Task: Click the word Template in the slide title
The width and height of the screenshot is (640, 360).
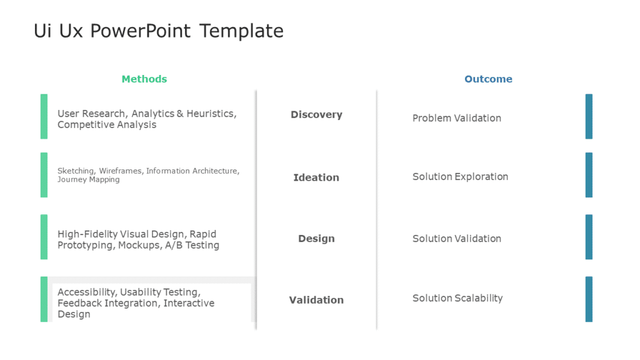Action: pyautogui.click(x=241, y=31)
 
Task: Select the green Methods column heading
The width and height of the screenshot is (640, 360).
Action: pyautogui.click(x=144, y=79)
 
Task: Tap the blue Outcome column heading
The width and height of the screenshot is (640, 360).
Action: pyautogui.click(x=488, y=79)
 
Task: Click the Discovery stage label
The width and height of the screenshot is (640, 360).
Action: pyautogui.click(x=316, y=115)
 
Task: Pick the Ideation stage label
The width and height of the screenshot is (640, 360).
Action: pyautogui.click(x=316, y=177)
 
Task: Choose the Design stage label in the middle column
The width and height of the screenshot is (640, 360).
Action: pyautogui.click(x=316, y=239)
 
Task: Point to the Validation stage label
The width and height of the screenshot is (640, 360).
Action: pyautogui.click(x=316, y=300)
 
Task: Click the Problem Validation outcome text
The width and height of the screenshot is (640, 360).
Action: pyautogui.click(x=457, y=118)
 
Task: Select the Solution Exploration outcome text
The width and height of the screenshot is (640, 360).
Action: pyautogui.click(x=460, y=177)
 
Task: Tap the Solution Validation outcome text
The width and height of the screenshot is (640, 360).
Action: pyautogui.click(x=457, y=238)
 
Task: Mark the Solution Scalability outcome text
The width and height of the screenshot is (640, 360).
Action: pyautogui.click(x=457, y=298)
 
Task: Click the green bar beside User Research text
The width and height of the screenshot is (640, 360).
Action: pyautogui.click(x=44, y=116)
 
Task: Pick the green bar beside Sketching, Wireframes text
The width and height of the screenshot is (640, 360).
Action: pyautogui.click(x=44, y=175)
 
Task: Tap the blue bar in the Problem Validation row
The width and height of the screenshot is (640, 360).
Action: pyautogui.click(x=589, y=116)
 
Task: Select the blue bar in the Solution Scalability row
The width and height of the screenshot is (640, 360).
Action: pyautogui.click(x=589, y=299)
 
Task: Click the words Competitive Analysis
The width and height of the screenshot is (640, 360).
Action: pyautogui.click(x=107, y=125)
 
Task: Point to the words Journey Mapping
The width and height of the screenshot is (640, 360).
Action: pyautogui.click(x=89, y=179)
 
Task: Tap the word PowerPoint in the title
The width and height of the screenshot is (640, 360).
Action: pyautogui.click(x=140, y=31)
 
